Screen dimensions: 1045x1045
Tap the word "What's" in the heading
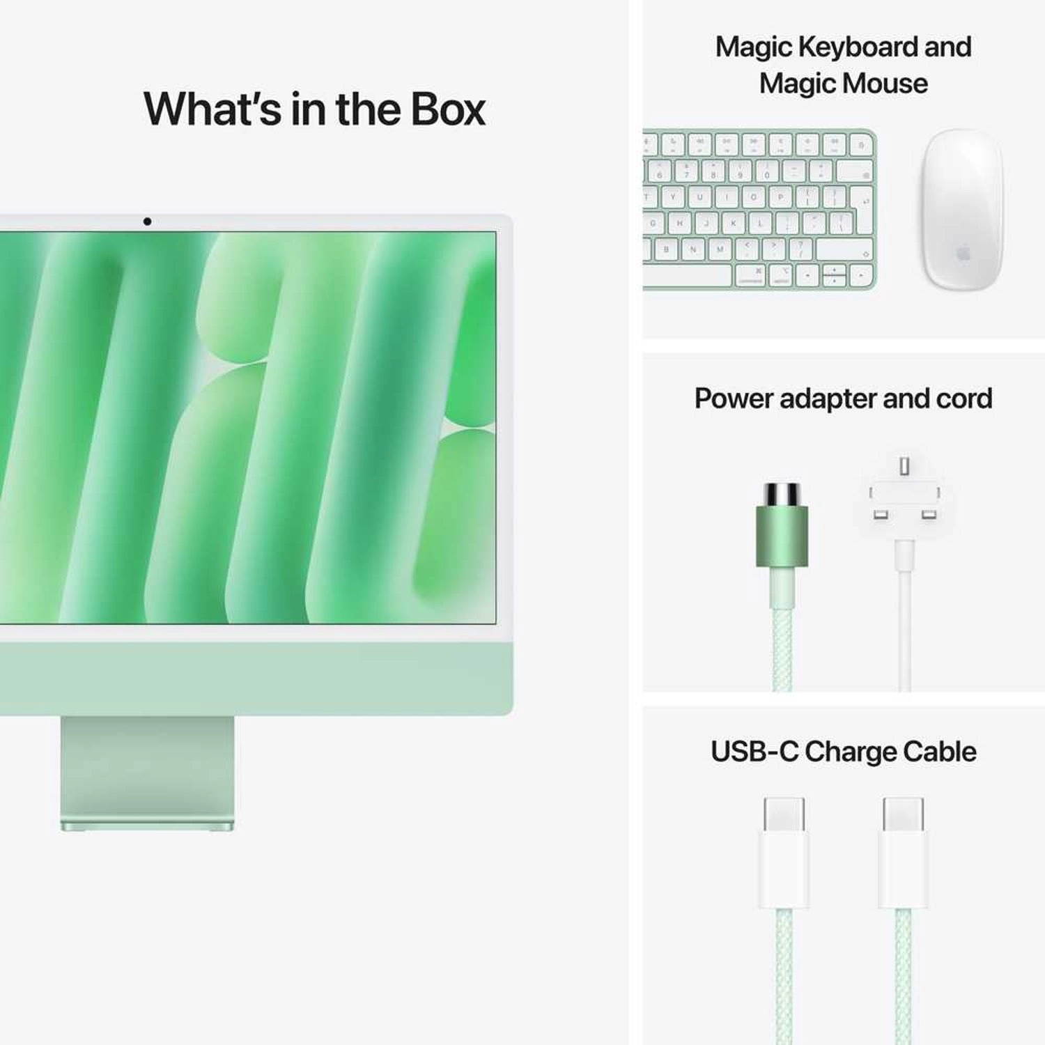(212, 109)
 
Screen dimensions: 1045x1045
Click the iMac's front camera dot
(147, 222)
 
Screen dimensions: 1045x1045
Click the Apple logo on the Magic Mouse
(963, 253)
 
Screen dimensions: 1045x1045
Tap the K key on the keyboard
(733, 224)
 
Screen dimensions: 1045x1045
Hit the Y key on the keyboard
(673, 197)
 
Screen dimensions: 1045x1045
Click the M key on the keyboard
(720, 249)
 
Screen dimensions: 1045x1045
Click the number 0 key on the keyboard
(766, 171)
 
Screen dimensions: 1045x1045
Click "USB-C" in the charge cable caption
(754, 752)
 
